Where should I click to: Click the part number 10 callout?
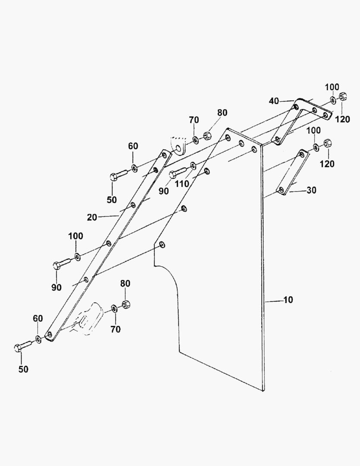[288, 300]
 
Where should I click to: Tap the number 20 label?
[92, 217]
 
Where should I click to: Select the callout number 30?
[311, 190]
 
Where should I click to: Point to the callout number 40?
[274, 101]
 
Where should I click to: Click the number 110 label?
[182, 184]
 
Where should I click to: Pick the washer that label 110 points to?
[193, 166]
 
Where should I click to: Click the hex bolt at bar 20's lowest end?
[22, 346]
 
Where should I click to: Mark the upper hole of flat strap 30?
[302, 154]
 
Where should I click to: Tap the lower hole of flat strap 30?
[281, 189]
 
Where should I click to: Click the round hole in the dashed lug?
[178, 148]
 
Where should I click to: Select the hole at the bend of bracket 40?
[296, 107]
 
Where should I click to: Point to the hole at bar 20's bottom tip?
[50, 335]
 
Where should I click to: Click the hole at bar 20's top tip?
[164, 154]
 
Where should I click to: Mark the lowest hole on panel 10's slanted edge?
[162, 245]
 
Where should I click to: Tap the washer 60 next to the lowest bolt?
[38, 339]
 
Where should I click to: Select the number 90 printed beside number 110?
[164, 191]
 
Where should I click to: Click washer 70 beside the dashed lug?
[195, 139]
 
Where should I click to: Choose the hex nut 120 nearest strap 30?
[327, 144]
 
